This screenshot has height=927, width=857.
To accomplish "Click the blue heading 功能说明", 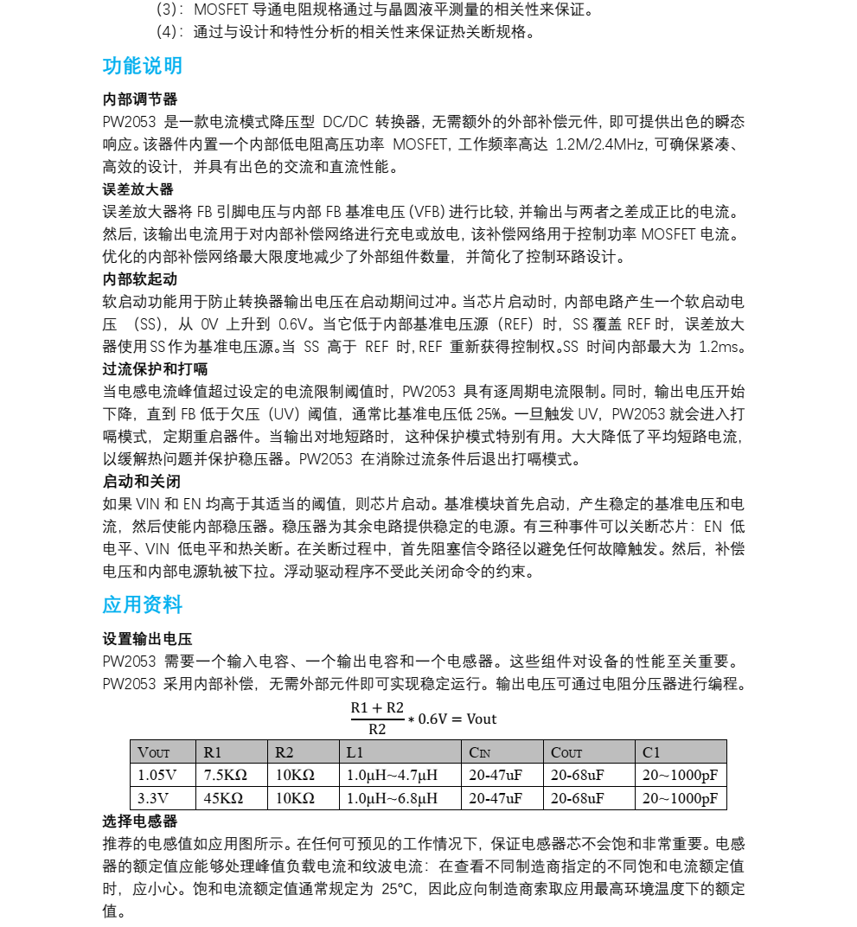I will (x=143, y=67).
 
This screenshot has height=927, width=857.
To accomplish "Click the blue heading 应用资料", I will (x=143, y=604).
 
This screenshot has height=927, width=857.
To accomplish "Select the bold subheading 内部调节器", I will (x=140, y=99).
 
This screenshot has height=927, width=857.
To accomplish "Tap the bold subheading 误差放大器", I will (x=138, y=189).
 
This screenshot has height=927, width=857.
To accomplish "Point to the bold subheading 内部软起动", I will (x=140, y=279).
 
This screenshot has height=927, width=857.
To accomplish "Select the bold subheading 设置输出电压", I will (x=147, y=639).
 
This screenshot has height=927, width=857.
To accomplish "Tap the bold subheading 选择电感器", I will (x=140, y=821).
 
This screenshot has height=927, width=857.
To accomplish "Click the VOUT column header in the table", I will (x=155, y=752).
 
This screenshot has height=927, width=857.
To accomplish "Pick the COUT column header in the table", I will (x=567, y=752).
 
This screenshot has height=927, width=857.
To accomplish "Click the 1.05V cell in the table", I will (x=157, y=775).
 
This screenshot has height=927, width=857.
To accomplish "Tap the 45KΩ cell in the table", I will (x=223, y=797).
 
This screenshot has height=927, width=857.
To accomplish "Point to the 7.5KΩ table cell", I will (x=225, y=775).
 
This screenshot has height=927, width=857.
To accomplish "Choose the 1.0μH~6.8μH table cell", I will (x=392, y=797).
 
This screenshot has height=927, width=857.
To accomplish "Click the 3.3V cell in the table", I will (x=153, y=797).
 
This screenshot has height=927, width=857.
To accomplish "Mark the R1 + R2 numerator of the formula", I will (x=377, y=708).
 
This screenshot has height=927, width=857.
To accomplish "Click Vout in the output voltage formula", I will (x=482, y=719).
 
